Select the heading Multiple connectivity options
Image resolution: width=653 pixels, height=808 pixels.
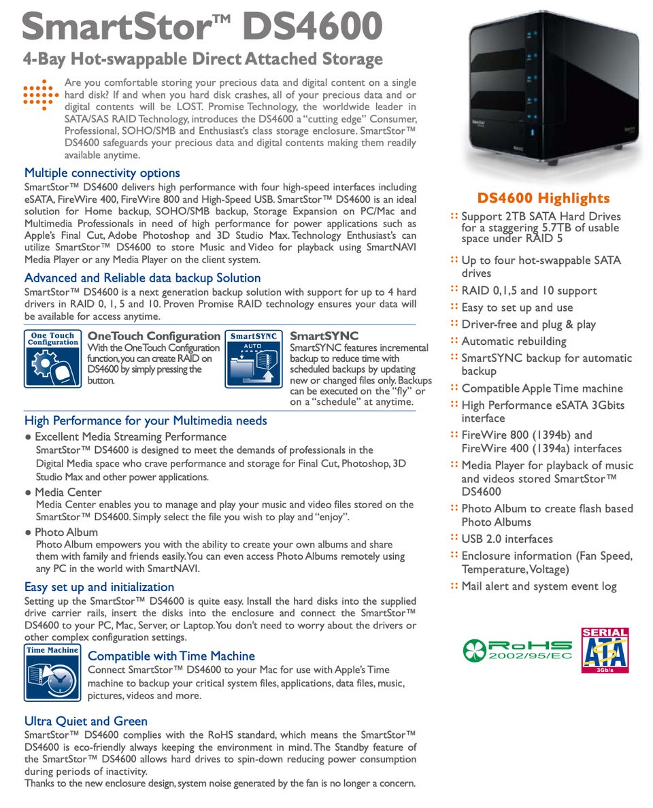(x=102, y=173)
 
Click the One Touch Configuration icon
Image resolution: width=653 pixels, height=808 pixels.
(x=52, y=358)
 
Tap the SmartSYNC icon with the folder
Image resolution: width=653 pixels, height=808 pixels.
(x=253, y=358)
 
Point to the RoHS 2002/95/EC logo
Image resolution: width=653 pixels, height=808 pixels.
(x=516, y=650)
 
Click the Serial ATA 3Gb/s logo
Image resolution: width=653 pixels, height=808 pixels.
(x=604, y=650)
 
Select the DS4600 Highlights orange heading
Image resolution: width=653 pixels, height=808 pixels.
(x=543, y=198)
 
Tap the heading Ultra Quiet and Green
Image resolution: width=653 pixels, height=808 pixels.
(x=86, y=721)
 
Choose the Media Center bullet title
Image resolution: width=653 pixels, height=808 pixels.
(x=68, y=492)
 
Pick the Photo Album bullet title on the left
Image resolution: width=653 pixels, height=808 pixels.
(x=66, y=532)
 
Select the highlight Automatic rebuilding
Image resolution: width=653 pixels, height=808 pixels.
(x=514, y=341)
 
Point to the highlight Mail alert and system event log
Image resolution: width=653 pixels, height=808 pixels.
(x=539, y=586)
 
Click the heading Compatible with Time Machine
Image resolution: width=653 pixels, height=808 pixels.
(x=171, y=656)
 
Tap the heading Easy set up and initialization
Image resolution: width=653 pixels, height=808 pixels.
(x=99, y=586)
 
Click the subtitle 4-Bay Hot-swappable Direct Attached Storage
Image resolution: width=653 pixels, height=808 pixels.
(x=203, y=59)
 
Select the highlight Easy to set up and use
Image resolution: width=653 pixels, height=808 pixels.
(x=517, y=307)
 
